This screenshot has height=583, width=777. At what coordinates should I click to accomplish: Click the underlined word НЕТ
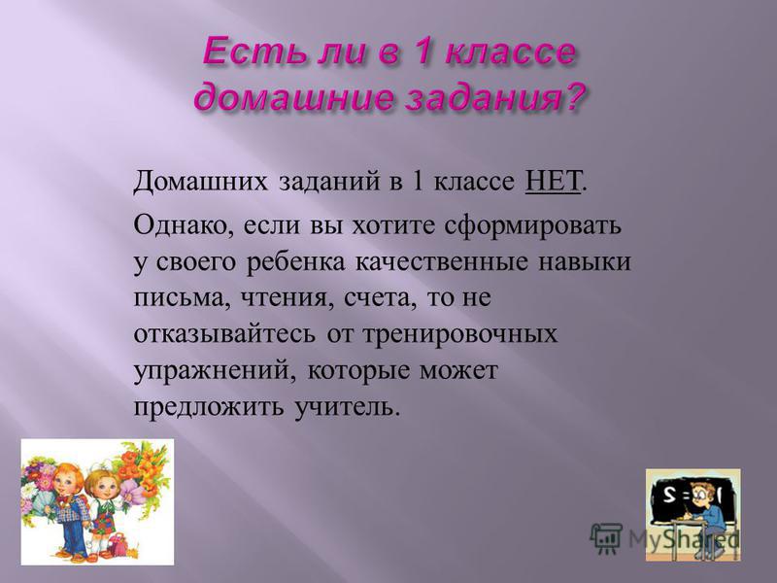553,182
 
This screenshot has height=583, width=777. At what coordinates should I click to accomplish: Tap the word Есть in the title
247,52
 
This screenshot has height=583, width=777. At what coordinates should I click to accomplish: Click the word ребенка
296,262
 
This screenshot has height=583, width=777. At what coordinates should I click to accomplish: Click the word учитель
348,407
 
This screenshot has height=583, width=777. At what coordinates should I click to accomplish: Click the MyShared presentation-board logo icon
606,538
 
